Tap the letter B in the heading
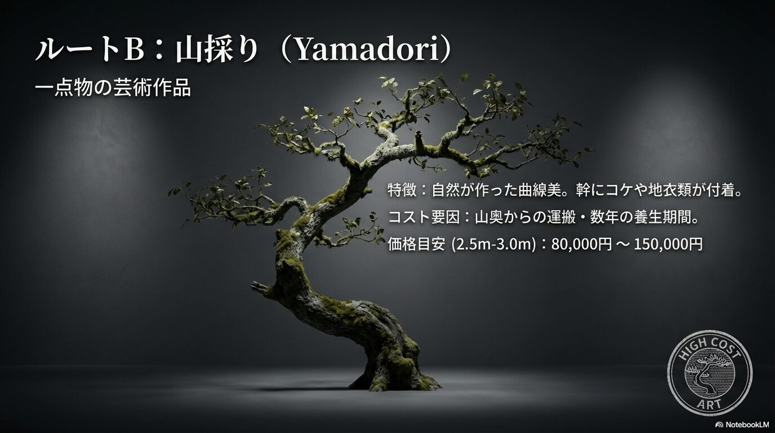tap(133, 50)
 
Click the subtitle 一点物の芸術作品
tap(113, 87)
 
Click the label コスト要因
tap(424, 218)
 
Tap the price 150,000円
tap(669, 244)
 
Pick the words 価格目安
tap(416, 244)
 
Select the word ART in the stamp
tap(709, 404)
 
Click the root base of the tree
tap(394, 379)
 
